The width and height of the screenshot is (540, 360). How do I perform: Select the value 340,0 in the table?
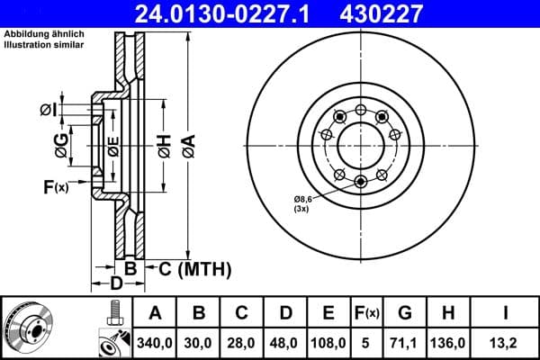point(154,342)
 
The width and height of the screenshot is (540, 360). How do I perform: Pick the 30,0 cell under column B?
point(198,342)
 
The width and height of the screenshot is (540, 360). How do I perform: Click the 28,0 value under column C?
point(241,342)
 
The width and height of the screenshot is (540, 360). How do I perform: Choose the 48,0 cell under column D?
point(285,342)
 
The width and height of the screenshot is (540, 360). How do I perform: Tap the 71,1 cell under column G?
point(404,342)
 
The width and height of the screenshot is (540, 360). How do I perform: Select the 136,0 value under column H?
point(447,342)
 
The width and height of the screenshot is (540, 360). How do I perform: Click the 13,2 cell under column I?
point(504,342)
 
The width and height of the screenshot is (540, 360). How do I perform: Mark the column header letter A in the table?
point(154,314)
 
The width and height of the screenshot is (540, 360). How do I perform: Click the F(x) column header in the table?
point(367,314)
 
